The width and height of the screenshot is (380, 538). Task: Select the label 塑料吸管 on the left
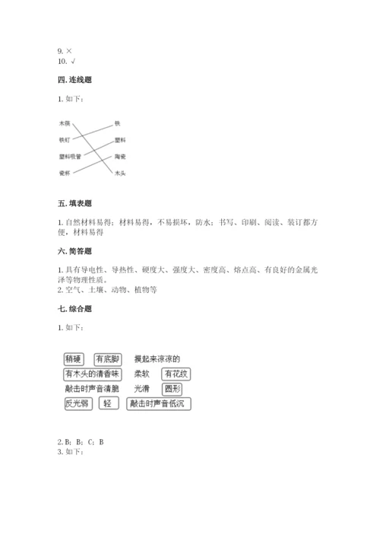click(70, 157)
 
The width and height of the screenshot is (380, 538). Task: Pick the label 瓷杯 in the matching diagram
click(65, 173)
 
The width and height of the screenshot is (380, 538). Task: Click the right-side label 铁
click(118, 123)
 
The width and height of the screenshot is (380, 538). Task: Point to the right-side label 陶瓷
click(120, 157)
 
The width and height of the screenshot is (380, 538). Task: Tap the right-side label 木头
click(120, 173)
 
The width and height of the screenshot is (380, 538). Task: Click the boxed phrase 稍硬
click(74, 359)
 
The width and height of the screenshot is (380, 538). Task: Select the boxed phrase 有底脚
click(108, 359)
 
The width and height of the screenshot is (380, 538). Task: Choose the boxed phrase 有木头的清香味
click(93, 374)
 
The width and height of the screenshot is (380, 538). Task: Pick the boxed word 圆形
click(172, 389)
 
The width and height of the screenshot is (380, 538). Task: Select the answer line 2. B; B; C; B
click(81, 442)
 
